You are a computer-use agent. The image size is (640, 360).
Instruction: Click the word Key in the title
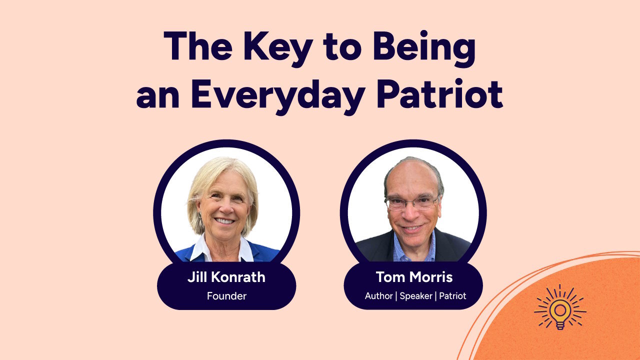[x=273, y=48]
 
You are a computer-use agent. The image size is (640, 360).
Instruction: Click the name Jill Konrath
[x=226, y=277]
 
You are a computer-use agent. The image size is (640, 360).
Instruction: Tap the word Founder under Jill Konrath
[x=226, y=296]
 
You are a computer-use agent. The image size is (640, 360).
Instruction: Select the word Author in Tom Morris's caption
[x=378, y=296]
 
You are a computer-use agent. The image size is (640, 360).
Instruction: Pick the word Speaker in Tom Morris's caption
[x=415, y=296]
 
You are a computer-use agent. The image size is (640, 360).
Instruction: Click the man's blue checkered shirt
[x=414, y=250]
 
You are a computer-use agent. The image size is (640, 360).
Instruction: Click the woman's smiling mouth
[x=224, y=220]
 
